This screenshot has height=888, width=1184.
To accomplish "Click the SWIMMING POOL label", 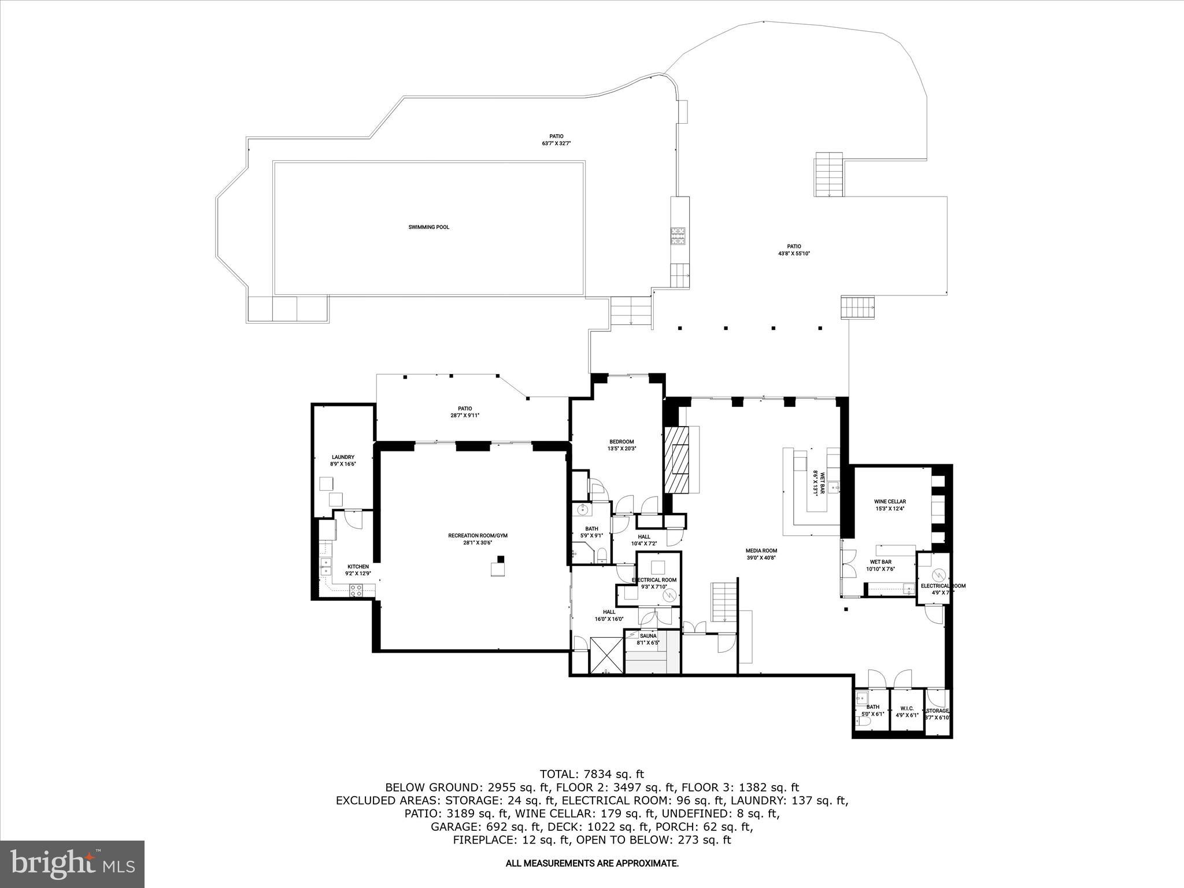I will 428,227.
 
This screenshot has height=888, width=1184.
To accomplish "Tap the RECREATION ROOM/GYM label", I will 478,535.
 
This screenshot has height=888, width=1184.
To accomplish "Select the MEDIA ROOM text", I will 761,551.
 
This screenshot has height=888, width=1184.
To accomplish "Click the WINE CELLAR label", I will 889,502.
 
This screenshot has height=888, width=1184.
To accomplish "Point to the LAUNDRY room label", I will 343,457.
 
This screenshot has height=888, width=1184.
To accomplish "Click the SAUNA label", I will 647,636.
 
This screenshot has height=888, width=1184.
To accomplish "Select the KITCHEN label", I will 358,567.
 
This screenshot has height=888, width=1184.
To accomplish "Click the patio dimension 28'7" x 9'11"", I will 465,415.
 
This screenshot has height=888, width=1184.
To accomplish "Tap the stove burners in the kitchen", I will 356,590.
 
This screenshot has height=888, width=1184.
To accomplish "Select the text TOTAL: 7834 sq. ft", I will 591,774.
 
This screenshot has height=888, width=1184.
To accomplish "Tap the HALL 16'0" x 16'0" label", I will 609,615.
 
